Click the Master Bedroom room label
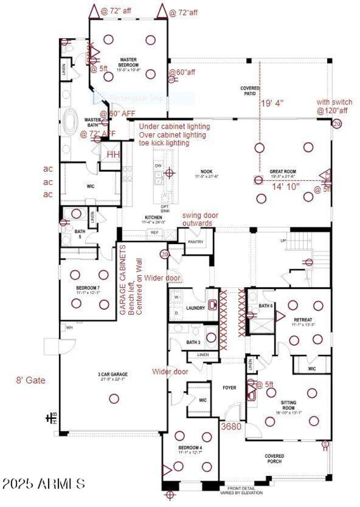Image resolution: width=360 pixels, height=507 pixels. [x=128, y=62]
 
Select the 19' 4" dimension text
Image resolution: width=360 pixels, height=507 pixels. [x=272, y=103]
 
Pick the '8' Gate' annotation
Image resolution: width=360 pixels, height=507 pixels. [x=30, y=380]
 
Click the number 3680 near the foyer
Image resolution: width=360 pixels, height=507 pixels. [x=231, y=426]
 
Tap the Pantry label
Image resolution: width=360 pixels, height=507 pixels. [x=196, y=242]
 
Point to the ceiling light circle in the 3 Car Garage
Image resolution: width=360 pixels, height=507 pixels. [x=114, y=398]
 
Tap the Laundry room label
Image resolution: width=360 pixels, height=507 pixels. [x=195, y=308]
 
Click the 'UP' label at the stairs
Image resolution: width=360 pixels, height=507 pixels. [x=283, y=241]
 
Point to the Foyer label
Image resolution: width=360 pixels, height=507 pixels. [x=230, y=388]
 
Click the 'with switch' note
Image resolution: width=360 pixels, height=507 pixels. [x=334, y=102]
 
